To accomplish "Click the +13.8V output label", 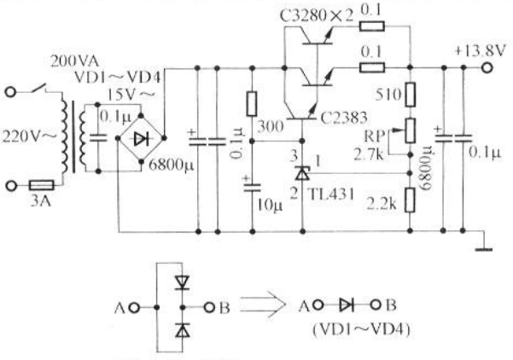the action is coord(481,51).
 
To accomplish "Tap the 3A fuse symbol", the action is coord(42,185).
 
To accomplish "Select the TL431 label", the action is coord(331,195).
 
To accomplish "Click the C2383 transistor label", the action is coord(344,118).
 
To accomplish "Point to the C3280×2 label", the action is coord(317,15).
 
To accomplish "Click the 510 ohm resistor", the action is coord(411,95).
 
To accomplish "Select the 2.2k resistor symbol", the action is coord(410,200).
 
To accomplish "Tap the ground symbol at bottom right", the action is coord(484,250).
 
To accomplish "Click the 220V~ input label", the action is coord(29,136).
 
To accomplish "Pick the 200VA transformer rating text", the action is coord(74,61).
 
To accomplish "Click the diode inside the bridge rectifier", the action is coord(142,139).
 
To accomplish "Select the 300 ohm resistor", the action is coord(252,104).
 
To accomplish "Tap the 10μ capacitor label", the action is coord(270,206).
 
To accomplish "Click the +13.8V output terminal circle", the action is coord(487,68).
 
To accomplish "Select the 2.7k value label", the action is coord(369,154).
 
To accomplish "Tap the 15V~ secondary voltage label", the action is coord(131,95).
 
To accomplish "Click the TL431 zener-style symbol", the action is coord(302,173).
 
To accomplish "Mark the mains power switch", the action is coord(39,88).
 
